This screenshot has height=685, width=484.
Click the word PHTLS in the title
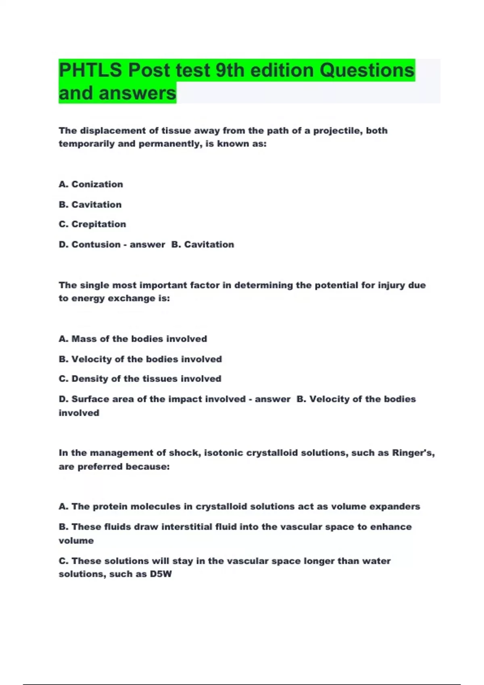coord(90,71)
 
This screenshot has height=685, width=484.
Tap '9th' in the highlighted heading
coord(230,71)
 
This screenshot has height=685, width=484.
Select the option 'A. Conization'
coord(91,184)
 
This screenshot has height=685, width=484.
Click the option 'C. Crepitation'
coord(92,224)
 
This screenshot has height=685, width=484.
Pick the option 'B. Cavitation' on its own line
coord(90,204)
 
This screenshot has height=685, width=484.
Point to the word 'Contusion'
coord(96,245)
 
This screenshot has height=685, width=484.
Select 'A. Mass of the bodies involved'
coord(133,339)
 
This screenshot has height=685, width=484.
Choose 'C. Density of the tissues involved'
coord(140,379)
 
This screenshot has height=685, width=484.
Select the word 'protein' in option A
coord(110,506)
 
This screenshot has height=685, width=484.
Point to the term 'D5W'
coord(161,574)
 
